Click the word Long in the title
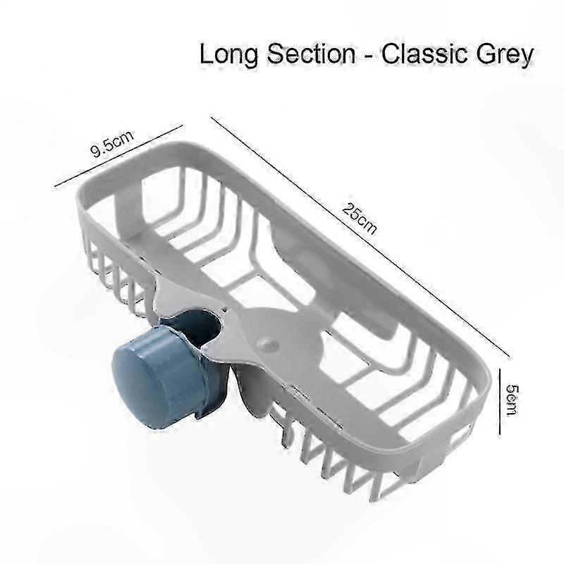(x=228, y=56)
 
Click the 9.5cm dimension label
(x=112, y=144)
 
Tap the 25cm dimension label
(x=360, y=219)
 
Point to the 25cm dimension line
(x=357, y=235)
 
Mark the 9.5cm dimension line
(x=118, y=156)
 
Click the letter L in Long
(x=207, y=54)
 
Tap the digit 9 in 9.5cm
(x=96, y=152)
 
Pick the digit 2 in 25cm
(x=348, y=209)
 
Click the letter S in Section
(x=276, y=54)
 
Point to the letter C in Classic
(x=392, y=54)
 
